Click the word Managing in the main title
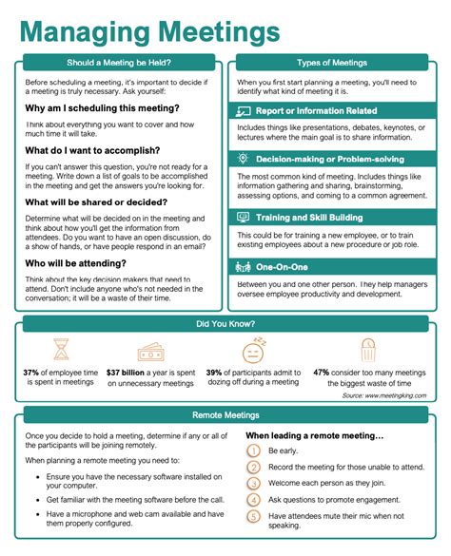pyautogui.click(x=75, y=31)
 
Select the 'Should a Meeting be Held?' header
pyautogui.click(x=119, y=64)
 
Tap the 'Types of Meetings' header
pyautogui.click(x=332, y=64)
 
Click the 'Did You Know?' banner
pyautogui.click(x=225, y=324)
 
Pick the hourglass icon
pyautogui.click(x=62, y=351)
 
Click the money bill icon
pyautogui.click(x=152, y=352)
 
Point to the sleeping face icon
pyautogui.click(x=252, y=351)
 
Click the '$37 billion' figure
pyautogui.click(x=126, y=373)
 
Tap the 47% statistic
pyautogui.click(x=322, y=373)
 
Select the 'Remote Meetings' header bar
pyautogui.click(x=225, y=415)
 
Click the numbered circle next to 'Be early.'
pyautogui.click(x=253, y=451)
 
